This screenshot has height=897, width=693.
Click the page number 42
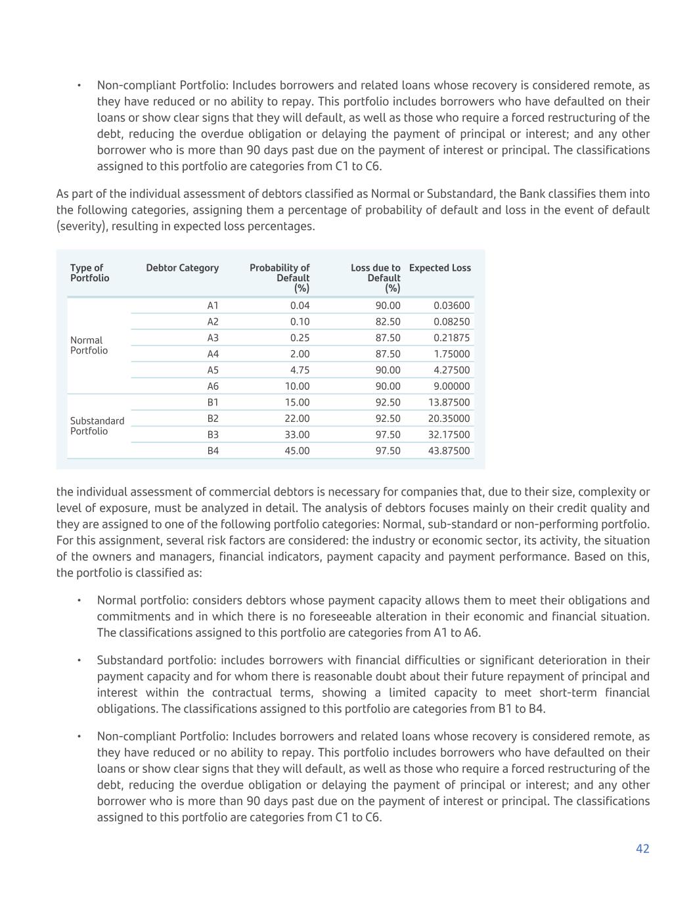[642, 848]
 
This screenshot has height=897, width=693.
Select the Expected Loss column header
[439, 268]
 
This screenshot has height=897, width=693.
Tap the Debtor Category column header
[182, 268]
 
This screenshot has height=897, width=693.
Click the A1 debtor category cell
[213, 306]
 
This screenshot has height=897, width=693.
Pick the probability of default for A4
[300, 354]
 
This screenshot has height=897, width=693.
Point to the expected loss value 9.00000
[451, 386]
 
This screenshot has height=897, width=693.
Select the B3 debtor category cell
[213, 435]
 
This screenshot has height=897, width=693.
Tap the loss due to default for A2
[388, 322]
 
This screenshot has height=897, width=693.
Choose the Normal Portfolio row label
[89, 346]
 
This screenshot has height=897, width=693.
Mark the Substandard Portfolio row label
[97, 426]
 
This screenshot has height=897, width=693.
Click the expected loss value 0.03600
[451, 306]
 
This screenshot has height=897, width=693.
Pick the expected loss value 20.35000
[449, 419]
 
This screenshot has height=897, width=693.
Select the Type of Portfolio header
[89, 273]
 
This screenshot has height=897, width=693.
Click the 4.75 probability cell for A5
[300, 370]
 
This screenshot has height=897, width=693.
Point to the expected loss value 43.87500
[449, 451]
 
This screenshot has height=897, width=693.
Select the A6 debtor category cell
[213, 386]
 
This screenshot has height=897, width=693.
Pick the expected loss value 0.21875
[451, 338]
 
